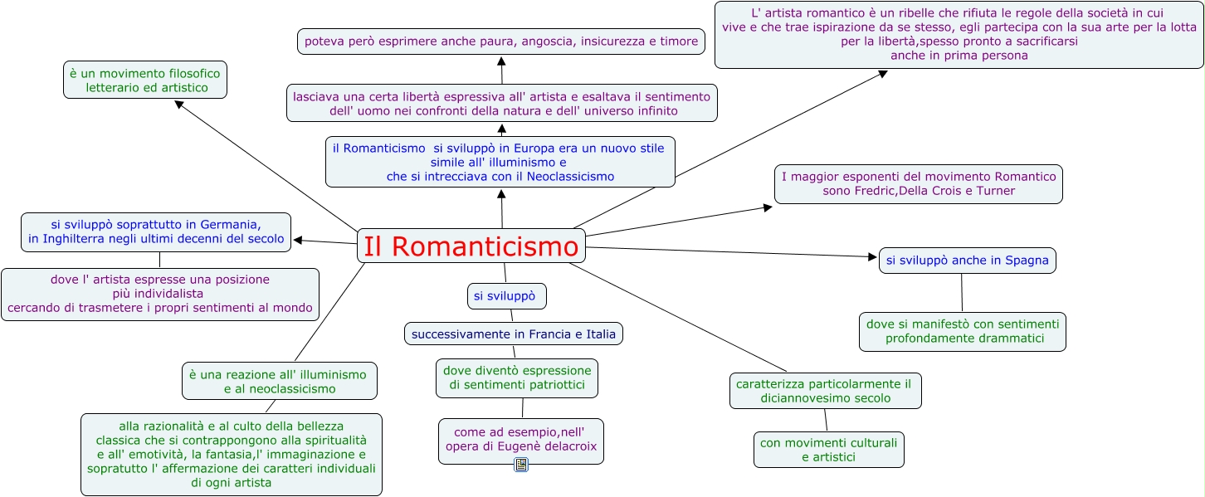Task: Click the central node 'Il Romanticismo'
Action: point(471,246)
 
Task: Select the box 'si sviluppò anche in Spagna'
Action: point(967,261)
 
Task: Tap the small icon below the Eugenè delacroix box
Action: point(521,465)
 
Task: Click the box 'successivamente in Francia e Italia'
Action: point(514,334)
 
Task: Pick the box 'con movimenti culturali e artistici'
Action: point(828,450)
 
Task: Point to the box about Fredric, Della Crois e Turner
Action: point(918,184)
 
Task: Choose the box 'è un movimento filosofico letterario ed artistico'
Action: point(145,80)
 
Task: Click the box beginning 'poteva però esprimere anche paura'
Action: point(500,41)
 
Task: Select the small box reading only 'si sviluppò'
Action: point(506,296)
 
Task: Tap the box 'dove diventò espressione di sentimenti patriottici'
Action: point(516,378)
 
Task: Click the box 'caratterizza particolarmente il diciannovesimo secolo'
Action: point(825,391)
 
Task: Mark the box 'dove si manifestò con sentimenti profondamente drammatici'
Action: point(962,331)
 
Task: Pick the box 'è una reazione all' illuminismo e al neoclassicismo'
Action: point(279,381)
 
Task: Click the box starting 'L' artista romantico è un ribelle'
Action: point(959,35)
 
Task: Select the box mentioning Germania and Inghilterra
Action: point(156,231)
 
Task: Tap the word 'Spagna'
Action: point(1027,261)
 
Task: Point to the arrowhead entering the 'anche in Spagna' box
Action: point(873,257)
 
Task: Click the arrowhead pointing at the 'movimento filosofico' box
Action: point(179,104)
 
